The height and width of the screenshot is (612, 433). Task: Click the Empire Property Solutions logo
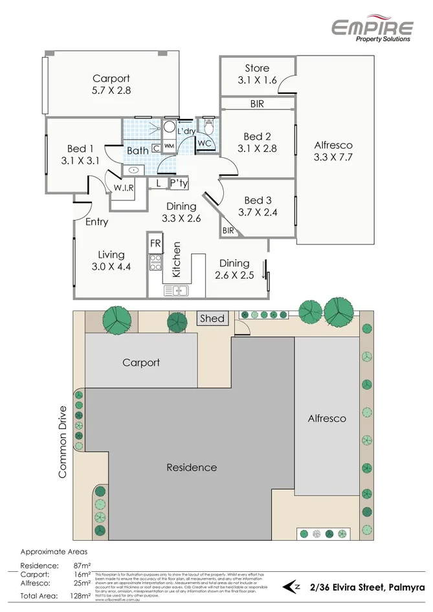tap(372, 28)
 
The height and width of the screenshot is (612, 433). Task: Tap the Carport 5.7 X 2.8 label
tap(111, 85)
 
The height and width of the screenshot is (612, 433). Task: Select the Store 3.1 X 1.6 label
tap(257, 74)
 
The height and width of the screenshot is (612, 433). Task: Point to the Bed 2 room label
tap(257, 142)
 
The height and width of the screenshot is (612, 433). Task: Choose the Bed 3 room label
tap(257, 206)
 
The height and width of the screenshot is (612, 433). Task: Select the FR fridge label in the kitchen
tap(155, 244)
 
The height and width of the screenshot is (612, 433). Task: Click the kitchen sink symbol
tap(175, 290)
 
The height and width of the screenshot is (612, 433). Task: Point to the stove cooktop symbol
tap(155, 262)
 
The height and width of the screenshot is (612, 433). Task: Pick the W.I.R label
tap(123, 188)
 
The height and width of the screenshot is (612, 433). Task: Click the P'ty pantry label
tap(179, 183)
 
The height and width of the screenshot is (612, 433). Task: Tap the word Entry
tap(96, 222)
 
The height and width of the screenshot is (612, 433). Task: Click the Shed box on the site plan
tap(212, 318)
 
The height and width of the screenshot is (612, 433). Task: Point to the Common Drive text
tap(63, 442)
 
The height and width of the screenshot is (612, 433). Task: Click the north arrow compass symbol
tap(293, 587)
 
